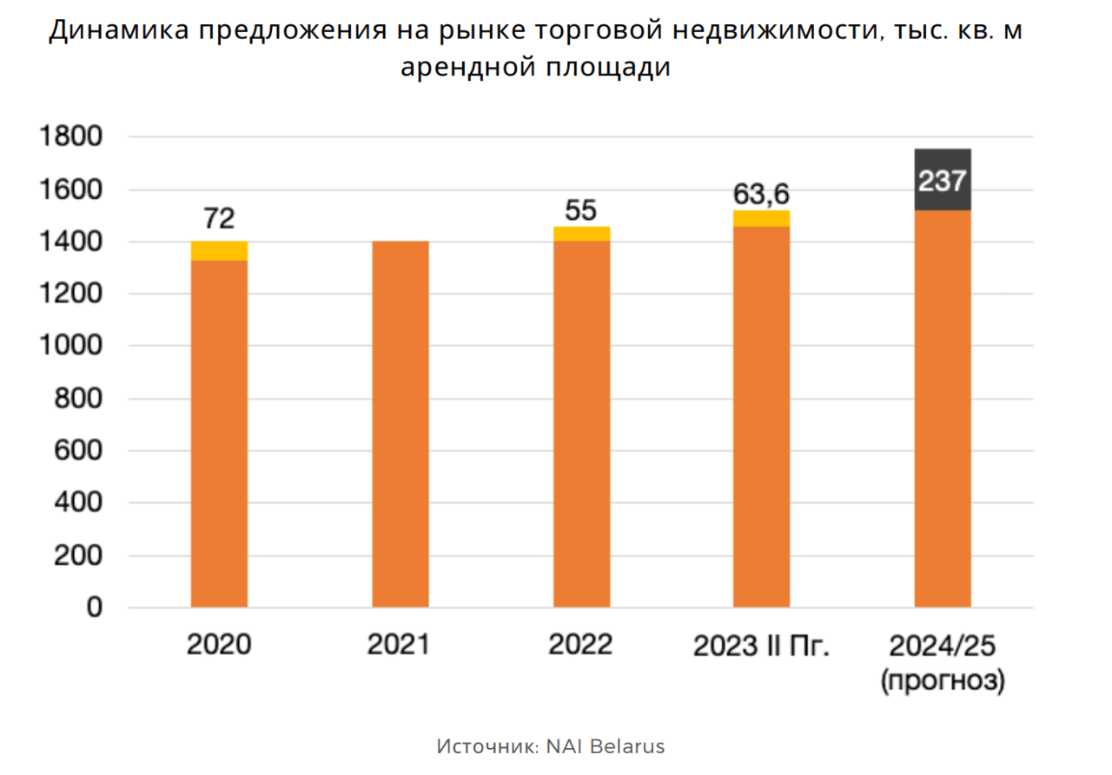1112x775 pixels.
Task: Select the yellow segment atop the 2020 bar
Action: click(x=219, y=251)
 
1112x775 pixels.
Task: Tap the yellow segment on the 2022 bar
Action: click(x=581, y=234)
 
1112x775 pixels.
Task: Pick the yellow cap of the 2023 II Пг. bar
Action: click(x=761, y=218)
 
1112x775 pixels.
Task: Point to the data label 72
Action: click(x=219, y=218)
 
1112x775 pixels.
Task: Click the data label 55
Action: click(x=581, y=209)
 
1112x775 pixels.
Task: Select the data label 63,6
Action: click(x=761, y=193)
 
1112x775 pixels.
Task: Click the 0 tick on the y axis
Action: click(x=93, y=607)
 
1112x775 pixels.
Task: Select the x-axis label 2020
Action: click(x=219, y=645)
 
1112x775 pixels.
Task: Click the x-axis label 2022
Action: click(x=581, y=645)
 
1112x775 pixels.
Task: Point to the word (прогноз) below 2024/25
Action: click(x=943, y=680)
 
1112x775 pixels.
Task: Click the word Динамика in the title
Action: click(x=117, y=31)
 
